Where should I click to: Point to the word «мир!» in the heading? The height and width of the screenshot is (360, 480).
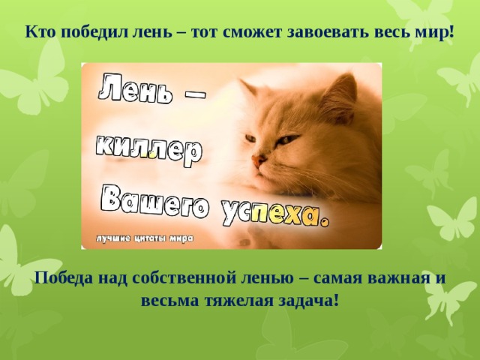[436, 33]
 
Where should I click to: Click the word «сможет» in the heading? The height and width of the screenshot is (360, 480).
[249, 33]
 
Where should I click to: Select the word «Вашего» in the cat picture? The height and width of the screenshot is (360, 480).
[154, 202]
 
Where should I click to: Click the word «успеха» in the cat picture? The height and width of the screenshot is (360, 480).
[274, 215]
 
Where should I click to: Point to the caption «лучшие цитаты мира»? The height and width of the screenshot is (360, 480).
[144, 238]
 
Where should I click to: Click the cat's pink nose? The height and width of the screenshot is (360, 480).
[257, 160]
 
